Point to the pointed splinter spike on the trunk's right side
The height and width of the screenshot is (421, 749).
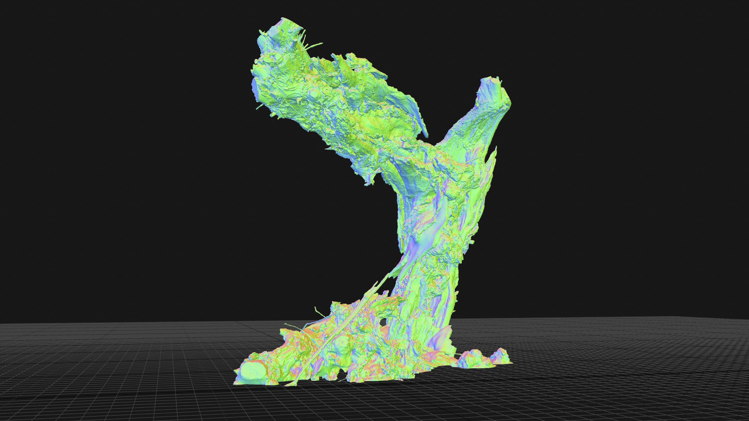pyautogui.click(x=494, y=154)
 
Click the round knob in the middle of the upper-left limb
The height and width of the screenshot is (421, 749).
pyautogui.click(x=314, y=94)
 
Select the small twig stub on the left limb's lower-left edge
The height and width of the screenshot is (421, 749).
pyautogui.click(x=259, y=106)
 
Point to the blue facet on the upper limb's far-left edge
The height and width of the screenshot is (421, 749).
pyautogui.click(x=256, y=88)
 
